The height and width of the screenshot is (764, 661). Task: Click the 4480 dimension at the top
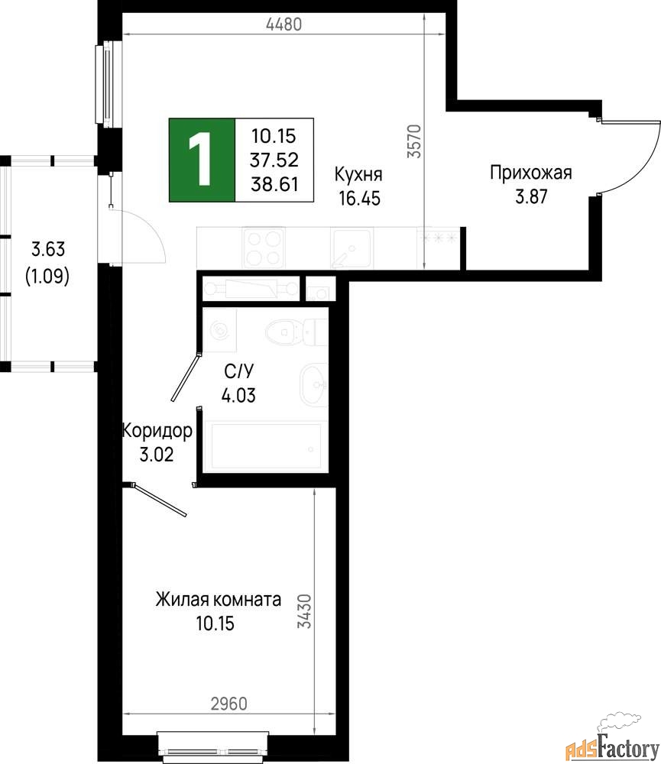tap(284, 24)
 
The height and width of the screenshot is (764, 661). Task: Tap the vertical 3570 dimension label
tap(414, 141)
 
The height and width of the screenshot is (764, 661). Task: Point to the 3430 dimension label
tap(305, 611)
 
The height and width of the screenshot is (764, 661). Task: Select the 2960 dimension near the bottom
tap(229, 704)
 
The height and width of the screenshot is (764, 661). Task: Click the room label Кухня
tap(358, 174)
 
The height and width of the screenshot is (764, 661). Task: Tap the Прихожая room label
tap(531, 173)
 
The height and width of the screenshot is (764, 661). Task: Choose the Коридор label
tap(157, 431)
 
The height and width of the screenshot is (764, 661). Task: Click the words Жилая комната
tap(219, 599)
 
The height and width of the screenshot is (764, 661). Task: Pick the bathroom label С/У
tap(239, 371)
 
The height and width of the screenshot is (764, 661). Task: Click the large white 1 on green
tap(201, 160)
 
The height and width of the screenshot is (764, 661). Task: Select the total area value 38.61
tap(274, 184)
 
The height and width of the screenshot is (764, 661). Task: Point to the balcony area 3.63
tap(48, 249)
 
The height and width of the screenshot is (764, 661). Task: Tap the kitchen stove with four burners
tap(264, 248)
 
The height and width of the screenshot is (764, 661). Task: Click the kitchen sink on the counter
tap(350, 248)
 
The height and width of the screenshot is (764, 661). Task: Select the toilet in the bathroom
tap(296, 332)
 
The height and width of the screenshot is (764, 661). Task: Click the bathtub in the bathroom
tap(266, 447)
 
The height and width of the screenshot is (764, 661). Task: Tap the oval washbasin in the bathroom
tap(314, 385)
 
